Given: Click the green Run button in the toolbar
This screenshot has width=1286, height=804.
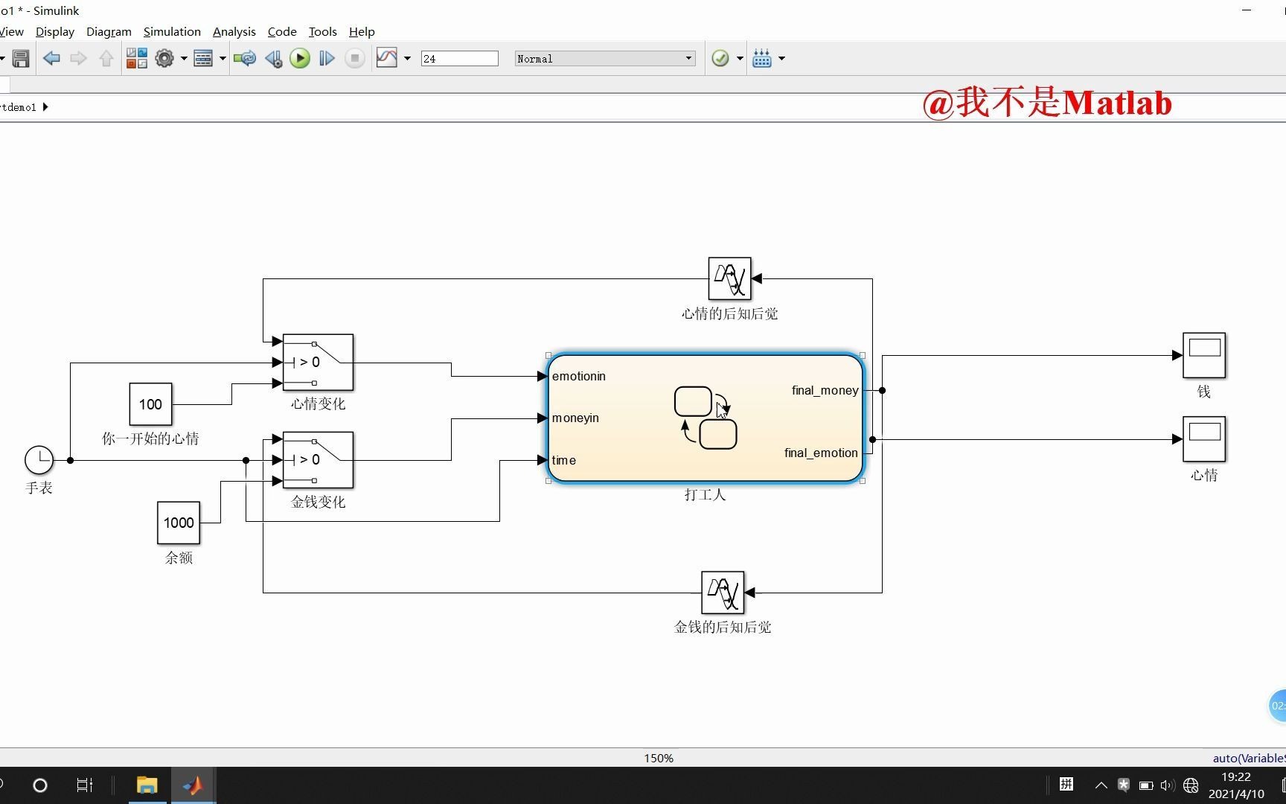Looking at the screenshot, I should coord(300,58).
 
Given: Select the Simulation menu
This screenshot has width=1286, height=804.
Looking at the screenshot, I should coord(172,31).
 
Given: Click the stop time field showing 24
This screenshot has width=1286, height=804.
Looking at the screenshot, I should coord(459,58).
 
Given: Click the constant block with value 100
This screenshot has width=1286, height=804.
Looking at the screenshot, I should coord(150,404).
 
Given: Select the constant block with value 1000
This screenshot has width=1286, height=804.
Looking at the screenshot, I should coord(179,523).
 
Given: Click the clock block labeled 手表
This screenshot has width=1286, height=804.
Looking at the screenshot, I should coord(39,460).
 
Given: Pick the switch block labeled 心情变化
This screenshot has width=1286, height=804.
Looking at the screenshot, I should coord(318,363).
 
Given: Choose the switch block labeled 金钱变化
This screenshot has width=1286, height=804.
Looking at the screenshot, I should coord(318,460).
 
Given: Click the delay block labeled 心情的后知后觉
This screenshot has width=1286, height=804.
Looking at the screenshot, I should coord(729,278).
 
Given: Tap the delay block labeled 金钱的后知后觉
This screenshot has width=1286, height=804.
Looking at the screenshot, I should coord(723,593).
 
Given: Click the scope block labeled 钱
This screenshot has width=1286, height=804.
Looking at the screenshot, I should coord(1204,355).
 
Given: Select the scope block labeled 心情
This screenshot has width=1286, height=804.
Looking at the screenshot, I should coord(1204,439).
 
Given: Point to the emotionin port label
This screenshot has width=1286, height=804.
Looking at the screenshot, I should coord(579,376).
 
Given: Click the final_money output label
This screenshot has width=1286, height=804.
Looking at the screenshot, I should coord(825,390).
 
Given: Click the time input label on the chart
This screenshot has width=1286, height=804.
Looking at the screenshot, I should coord(564,460).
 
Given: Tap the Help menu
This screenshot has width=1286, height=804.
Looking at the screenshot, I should coord(362,31).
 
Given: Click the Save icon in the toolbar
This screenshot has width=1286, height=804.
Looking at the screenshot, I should coord(21,58).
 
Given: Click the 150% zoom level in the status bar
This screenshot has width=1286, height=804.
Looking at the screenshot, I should coord(659,758).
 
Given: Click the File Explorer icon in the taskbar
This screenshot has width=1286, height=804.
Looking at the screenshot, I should coord(147,785).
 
